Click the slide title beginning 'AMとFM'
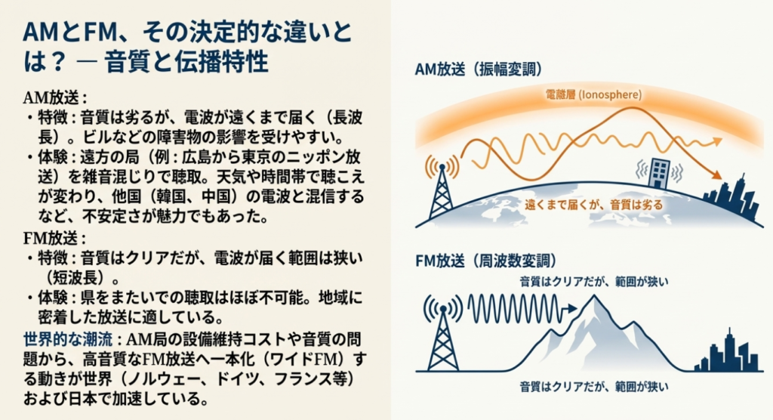click(188, 48)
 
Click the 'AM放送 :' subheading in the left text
click(55, 97)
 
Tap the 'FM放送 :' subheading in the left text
click(54, 239)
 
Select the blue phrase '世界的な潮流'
click(68, 340)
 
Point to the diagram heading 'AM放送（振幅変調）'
click(478, 69)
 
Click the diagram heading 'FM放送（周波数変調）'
click(485, 261)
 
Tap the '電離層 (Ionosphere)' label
click(593, 94)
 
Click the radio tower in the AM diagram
click(442, 187)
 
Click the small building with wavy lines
click(659, 173)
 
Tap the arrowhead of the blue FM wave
click(571, 309)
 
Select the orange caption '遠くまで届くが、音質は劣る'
click(593, 204)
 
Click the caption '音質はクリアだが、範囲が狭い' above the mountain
click(594, 282)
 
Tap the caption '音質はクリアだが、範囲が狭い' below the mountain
click(594, 387)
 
